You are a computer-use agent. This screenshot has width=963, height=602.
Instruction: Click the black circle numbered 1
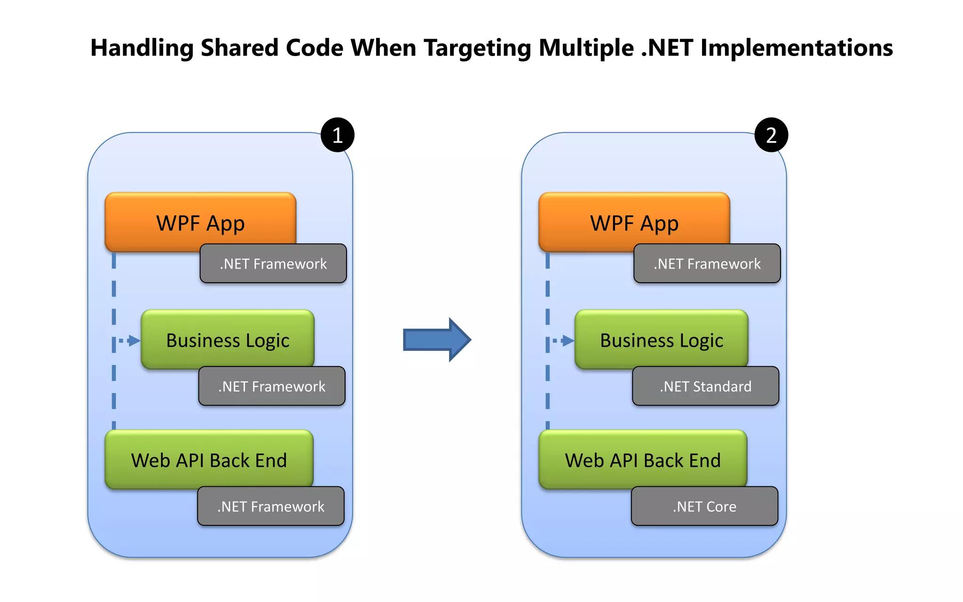pyautogui.click(x=337, y=135)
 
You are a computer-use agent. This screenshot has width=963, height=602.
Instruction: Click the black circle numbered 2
pyautogui.click(x=771, y=135)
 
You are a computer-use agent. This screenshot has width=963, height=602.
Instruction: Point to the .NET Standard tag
pyautogui.click(x=705, y=386)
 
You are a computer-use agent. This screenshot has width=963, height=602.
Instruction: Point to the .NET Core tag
pyautogui.click(x=704, y=506)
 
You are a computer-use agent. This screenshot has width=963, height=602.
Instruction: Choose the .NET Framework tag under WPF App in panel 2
pyautogui.click(x=707, y=263)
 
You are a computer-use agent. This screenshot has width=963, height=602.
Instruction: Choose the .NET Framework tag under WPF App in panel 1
pyautogui.click(x=273, y=263)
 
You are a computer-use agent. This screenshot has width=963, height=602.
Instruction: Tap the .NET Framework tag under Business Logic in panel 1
pyautogui.click(x=272, y=386)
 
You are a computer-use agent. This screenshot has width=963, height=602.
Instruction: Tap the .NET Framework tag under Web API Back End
pyautogui.click(x=271, y=506)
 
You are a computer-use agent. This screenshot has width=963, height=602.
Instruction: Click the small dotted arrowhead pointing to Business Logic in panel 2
pyautogui.click(x=568, y=341)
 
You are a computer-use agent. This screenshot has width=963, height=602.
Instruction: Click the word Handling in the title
pyautogui.click(x=142, y=48)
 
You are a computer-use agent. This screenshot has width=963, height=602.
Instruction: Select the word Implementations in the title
pyautogui.click(x=797, y=48)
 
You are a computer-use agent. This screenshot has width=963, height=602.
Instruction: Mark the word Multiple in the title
pyautogui.click(x=586, y=48)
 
